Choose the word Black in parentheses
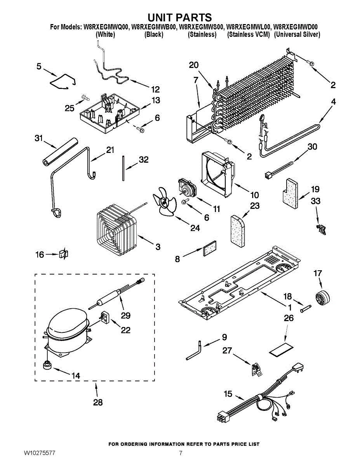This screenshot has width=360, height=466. click(x=153, y=35)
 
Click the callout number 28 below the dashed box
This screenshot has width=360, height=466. click(x=98, y=402)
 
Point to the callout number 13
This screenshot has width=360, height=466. click(x=155, y=100)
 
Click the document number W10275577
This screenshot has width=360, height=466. click(x=39, y=453)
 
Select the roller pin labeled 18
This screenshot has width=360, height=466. click(x=306, y=308)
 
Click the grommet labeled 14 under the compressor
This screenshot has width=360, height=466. click(x=47, y=365)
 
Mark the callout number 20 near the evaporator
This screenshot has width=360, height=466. click(x=193, y=65)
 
